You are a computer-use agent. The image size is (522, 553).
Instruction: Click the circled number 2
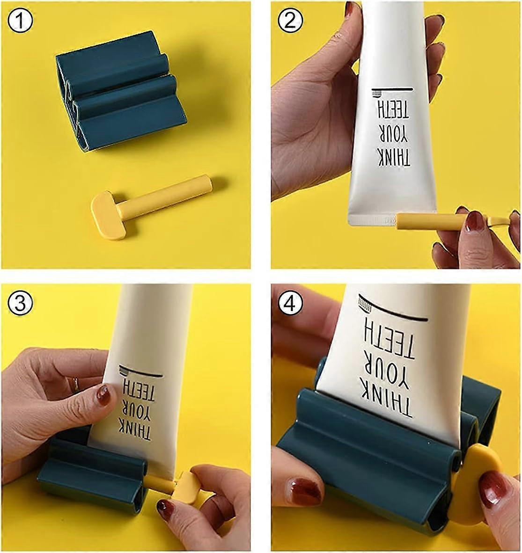(x=291, y=21)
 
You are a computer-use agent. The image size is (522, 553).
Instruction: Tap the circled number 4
(x=291, y=305)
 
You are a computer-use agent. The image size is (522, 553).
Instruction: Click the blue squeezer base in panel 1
(x=122, y=89)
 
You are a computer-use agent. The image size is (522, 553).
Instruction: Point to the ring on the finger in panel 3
(x=75, y=385)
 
